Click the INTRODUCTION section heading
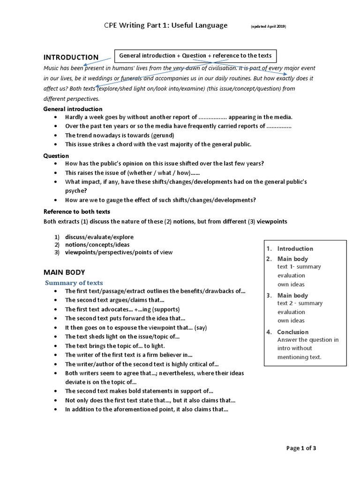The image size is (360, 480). [71, 57]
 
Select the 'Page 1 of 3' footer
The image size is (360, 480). [301, 448]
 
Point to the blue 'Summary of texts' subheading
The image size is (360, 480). [74, 283]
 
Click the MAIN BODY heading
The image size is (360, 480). [64, 272]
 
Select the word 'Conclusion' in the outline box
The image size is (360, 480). [293, 332]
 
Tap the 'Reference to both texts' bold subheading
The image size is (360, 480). [76, 211]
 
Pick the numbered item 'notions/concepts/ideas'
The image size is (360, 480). [97, 244]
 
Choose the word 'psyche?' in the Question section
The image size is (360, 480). [75, 191]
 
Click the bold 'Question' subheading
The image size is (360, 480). [56, 156]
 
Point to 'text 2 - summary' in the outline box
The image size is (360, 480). [300, 303]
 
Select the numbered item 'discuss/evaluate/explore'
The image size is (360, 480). [99, 237]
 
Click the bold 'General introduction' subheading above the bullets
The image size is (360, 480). [73, 109]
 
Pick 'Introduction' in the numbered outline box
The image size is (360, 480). [295, 248]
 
